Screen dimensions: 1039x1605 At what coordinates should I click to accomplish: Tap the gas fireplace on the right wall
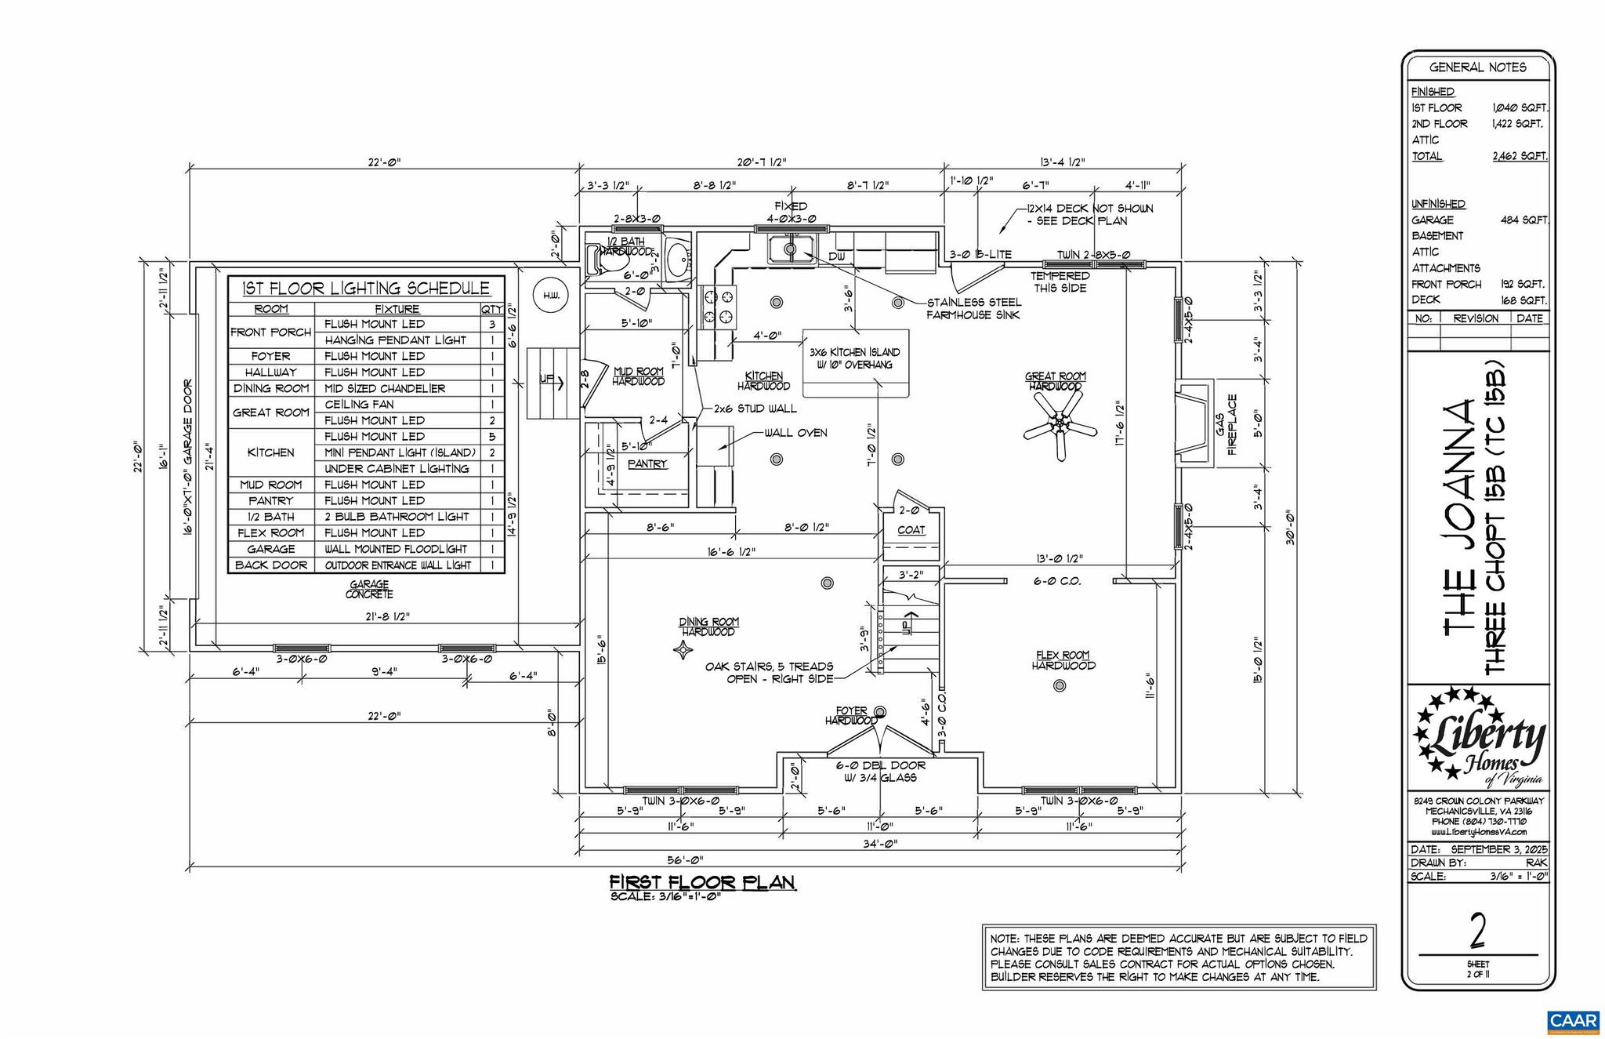[x=1194, y=423]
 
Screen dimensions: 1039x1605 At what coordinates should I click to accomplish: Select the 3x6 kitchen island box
[x=855, y=363]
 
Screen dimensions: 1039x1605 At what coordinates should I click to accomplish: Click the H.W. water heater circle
[x=550, y=296]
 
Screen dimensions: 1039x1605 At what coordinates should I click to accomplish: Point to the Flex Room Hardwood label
[x=1063, y=660]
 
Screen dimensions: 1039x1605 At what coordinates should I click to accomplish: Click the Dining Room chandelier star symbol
[x=683, y=650]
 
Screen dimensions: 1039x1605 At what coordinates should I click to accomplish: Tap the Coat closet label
[x=911, y=530]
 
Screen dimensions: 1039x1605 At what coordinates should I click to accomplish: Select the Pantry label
[x=647, y=464]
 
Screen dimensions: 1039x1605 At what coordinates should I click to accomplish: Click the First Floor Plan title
[x=703, y=883]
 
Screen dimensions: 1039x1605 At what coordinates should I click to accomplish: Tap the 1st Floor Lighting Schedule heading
[x=366, y=288]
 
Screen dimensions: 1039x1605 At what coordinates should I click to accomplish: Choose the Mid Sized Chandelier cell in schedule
[x=385, y=388]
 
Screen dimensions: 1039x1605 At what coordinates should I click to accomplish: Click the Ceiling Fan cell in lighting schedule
[x=359, y=405]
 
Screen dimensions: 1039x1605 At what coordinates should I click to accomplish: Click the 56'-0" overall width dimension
[x=684, y=859]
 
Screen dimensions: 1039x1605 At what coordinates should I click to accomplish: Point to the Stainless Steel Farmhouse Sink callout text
[x=973, y=308]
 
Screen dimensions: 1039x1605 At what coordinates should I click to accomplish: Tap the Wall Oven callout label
[x=795, y=433]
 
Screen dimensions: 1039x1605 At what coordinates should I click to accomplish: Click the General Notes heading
[x=1477, y=67]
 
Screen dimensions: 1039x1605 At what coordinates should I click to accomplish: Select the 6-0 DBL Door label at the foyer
[x=880, y=772]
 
